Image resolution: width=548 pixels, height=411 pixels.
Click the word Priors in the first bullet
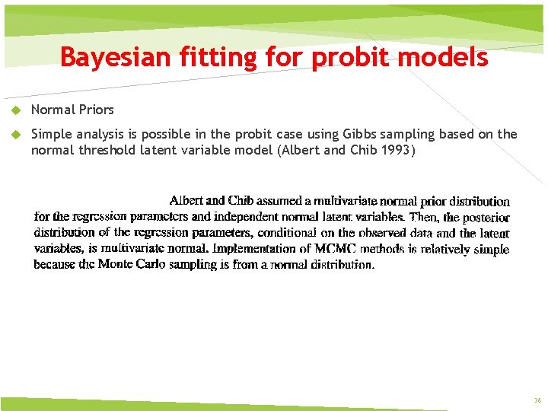pos(94,110)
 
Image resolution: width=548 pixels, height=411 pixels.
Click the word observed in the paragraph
pos(378,233)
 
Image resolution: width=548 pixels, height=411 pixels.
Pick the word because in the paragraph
pos(54,265)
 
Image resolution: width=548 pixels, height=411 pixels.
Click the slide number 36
pos(537,400)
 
